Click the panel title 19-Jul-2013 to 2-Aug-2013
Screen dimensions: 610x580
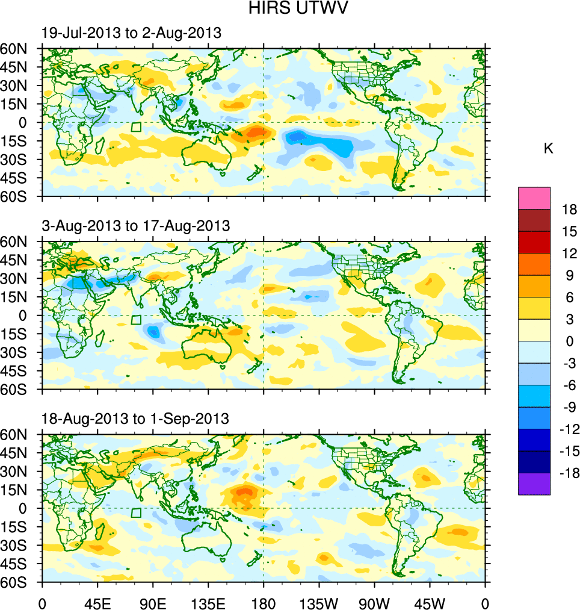coord(131,33)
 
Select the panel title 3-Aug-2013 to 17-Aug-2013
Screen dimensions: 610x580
coord(135,226)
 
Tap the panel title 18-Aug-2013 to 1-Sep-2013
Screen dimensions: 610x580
coord(135,419)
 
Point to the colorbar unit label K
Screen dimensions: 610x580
coord(548,148)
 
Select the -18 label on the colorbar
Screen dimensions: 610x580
coord(567,473)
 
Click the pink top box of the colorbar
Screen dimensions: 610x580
coord(534,198)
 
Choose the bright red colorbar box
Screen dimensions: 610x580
coord(534,242)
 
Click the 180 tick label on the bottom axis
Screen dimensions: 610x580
coord(264,602)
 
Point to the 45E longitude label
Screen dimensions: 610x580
coord(97,602)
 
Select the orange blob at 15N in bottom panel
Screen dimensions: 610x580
coord(244,493)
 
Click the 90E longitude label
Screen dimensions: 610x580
coord(153,602)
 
